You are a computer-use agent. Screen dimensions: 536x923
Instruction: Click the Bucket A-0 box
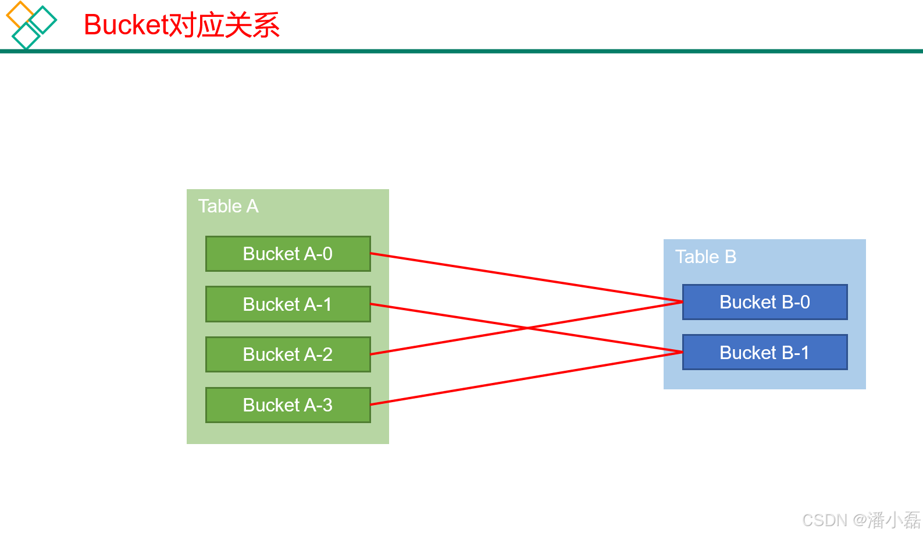tap(288, 254)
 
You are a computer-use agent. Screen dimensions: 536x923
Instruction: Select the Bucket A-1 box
tap(288, 304)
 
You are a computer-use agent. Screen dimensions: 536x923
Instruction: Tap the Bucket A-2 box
tap(288, 354)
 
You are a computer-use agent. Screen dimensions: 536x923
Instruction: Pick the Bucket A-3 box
tap(288, 405)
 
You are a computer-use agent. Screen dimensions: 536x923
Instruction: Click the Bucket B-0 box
tap(764, 302)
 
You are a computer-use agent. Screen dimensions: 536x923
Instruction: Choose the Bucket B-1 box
tap(764, 352)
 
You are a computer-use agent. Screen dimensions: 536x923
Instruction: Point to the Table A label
tap(228, 206)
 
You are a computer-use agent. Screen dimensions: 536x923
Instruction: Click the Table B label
tap(705, 257)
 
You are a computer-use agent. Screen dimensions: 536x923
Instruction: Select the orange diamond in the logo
tap(19, 15)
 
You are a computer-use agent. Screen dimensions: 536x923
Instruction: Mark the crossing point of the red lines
tap(528, 328)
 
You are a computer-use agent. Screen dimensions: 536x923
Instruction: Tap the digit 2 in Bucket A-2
tap(327, 354)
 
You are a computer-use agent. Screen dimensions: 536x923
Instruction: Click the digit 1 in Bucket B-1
tap(804, 353)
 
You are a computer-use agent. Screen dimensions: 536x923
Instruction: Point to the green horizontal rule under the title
tap(465, 51)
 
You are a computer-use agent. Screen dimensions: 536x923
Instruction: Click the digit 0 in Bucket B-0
tap(804, 302)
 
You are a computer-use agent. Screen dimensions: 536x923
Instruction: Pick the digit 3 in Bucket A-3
tap(327, 405)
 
